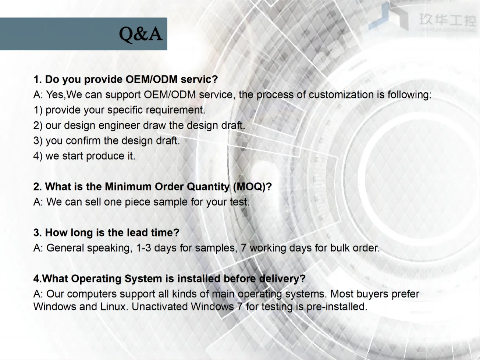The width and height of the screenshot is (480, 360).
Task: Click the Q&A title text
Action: tap(141, 34)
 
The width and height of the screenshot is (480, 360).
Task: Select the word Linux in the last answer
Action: tap(113, 307)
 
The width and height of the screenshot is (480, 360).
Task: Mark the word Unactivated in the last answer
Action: tap(160, 307)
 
